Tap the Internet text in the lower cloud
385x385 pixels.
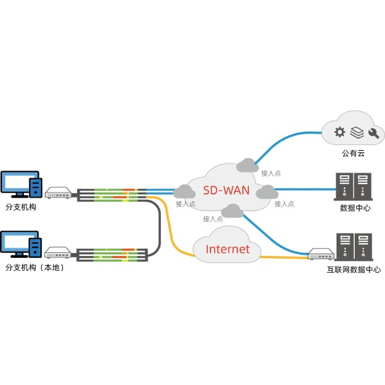227,249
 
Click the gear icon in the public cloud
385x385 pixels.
340,133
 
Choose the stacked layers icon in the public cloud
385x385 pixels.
357,133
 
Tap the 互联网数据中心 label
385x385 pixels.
354,269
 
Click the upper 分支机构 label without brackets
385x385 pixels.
21,208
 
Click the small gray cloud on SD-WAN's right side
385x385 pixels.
266,191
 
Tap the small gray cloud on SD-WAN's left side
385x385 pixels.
184,191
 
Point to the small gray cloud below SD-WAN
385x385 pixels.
231,210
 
